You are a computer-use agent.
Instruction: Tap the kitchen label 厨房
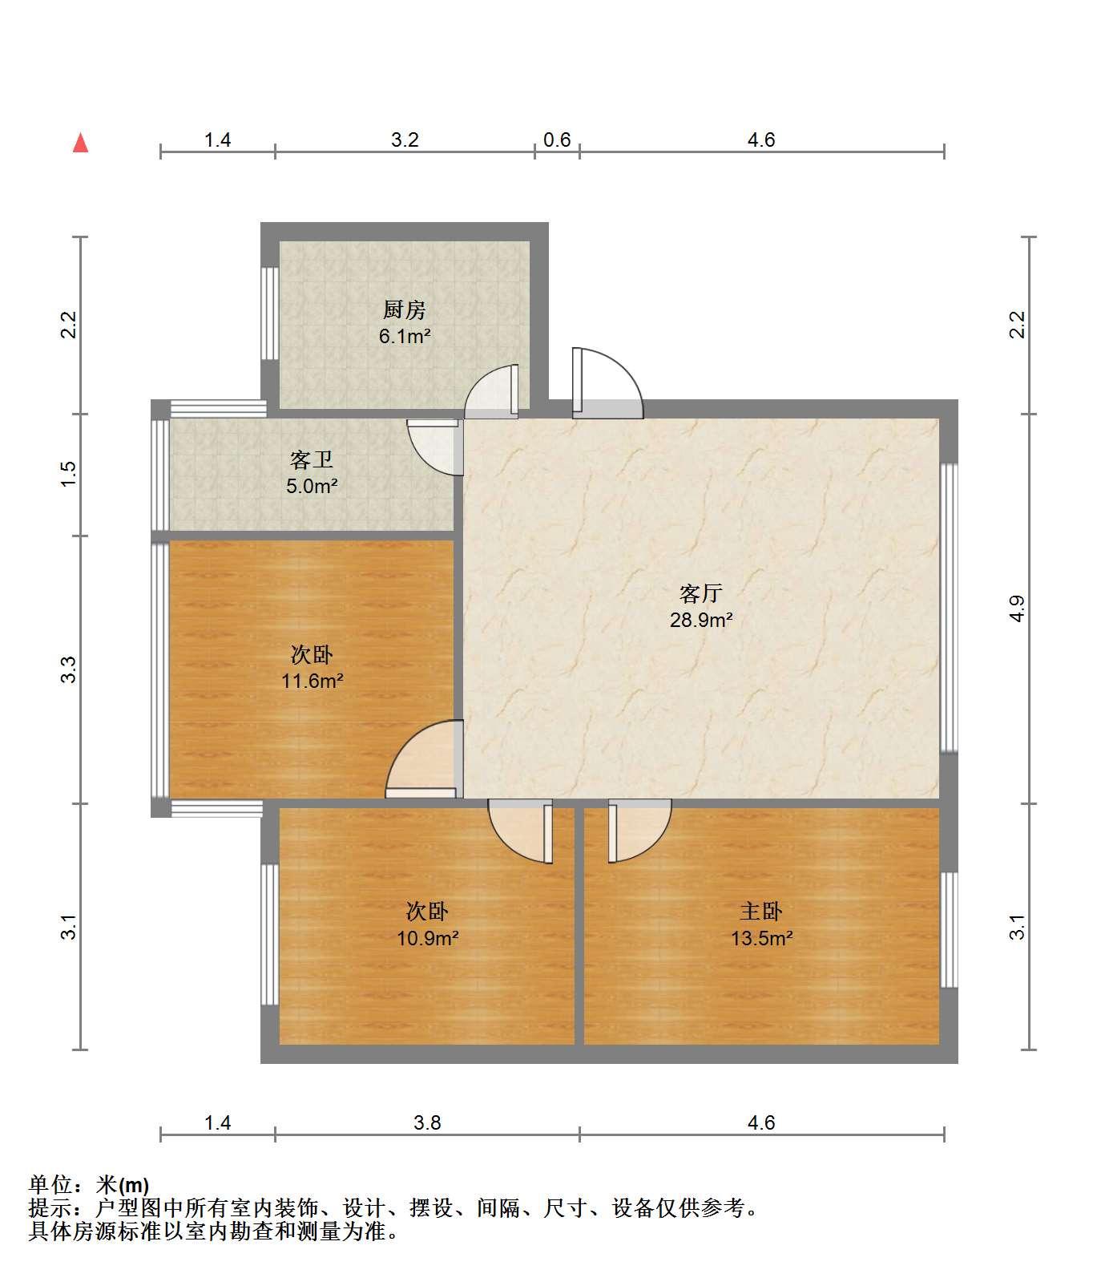[x=405, y=309]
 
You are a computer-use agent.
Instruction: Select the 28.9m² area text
[x=702, y=620]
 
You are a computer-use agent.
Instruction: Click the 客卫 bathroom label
[x=312, y=460]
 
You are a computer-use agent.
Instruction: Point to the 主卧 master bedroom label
[x=761, y=912]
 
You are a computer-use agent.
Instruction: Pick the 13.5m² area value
[x=762, y=938]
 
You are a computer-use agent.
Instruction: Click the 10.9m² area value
[x=428, y=938]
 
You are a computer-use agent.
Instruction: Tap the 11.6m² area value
[x=313, y=681]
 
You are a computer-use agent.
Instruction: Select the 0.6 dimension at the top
[x=557, y=140]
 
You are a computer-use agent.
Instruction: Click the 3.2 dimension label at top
[x=405, y=140]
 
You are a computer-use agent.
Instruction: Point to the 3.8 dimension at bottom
[x=427, y=1122]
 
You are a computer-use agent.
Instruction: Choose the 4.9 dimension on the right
[x=1017, y=609]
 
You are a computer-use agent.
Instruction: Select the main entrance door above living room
[x=607, y=383]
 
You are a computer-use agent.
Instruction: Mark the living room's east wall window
[x=949, y=608]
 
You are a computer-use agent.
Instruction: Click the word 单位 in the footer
[x=50, y=1185]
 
